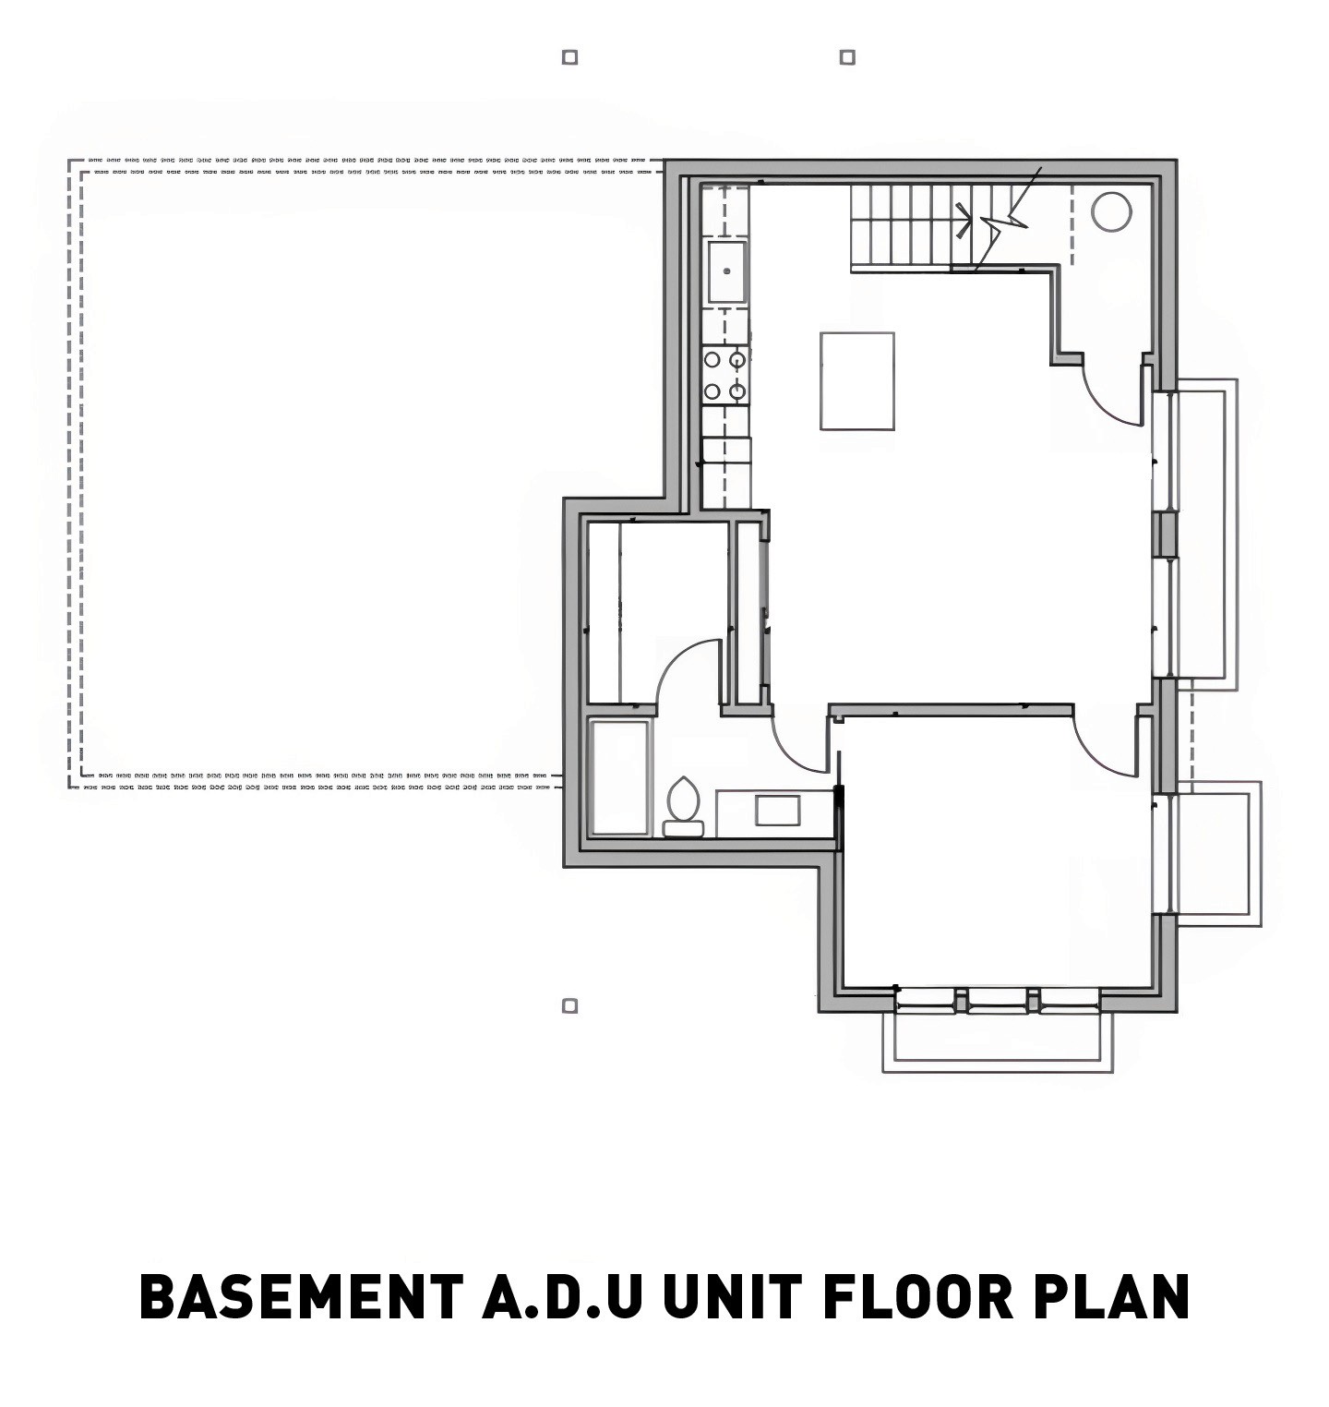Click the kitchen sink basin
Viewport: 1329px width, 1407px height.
(x=727, y=271)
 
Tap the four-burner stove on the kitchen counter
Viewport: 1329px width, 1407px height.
(x=725, y=375)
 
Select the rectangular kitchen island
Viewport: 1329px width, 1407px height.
(x=857, y=381)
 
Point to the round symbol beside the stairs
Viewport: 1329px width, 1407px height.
(x=1111, y=211)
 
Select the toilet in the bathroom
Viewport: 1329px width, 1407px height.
(x=683, y=807)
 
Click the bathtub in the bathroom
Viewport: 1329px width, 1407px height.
(x=619, y=779)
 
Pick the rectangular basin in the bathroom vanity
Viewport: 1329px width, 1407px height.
(x=777, y=810)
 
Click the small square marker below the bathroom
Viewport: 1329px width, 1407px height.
(x=570, y=1005)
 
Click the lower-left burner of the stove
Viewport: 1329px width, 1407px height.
(x=712, y=391)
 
